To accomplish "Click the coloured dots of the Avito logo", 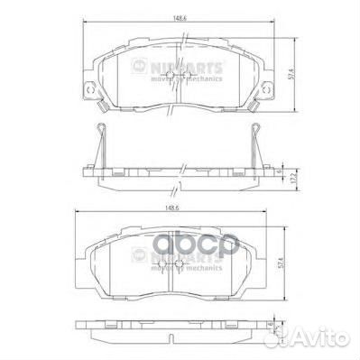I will [x=297, y=341].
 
